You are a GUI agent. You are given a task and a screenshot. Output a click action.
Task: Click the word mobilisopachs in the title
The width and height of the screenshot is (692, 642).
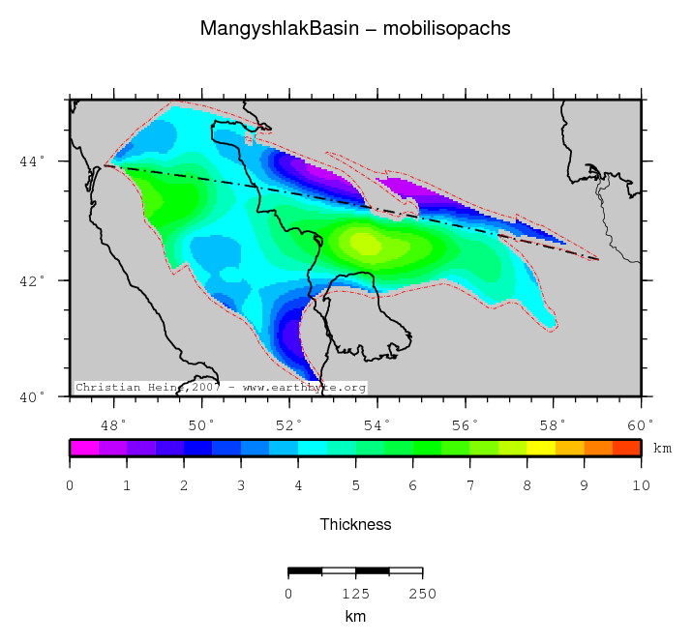(447, 29)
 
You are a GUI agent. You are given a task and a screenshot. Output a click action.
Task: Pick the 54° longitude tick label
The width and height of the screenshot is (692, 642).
(378, 424)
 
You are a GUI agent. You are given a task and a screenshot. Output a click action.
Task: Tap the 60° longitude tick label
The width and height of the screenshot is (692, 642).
(641, 424)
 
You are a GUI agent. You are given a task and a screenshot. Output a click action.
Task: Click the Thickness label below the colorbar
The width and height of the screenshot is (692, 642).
(355, 524)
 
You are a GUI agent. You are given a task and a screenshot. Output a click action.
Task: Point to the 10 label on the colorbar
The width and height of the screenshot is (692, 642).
(640, 484)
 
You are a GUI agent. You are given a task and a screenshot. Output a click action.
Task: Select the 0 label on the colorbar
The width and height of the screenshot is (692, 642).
(70, 484)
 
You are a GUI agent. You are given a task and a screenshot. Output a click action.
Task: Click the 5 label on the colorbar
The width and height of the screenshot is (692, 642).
(355, 484)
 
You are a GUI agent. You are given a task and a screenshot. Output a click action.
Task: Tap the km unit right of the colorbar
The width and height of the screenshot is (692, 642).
(662, 449)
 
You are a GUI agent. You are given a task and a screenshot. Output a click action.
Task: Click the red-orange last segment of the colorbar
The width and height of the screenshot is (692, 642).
(626, 448)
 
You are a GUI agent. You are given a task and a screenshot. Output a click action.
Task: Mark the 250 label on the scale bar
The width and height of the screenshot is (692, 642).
(423, 594)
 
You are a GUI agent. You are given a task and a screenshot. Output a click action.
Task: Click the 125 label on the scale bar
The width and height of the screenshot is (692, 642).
(355, 594)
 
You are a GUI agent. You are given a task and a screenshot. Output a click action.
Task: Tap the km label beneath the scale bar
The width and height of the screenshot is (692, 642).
(355, 615)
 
